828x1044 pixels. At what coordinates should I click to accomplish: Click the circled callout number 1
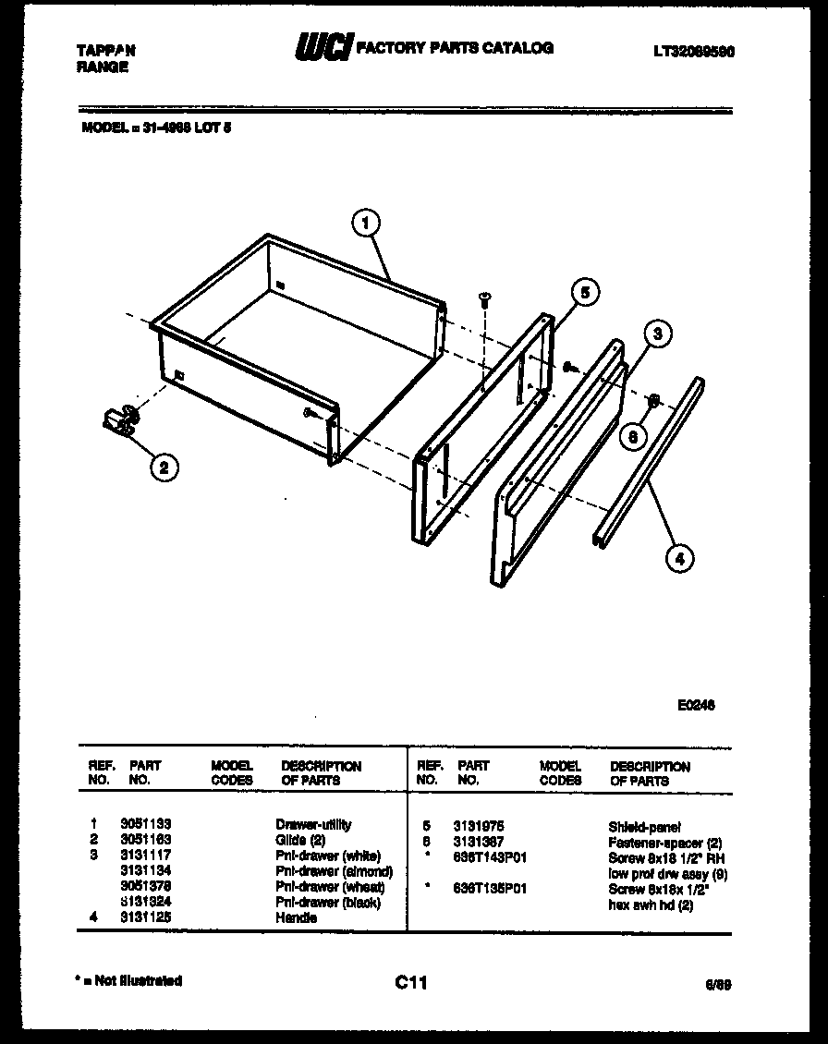(x=367, y=223)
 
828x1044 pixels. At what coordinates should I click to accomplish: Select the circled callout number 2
(x=163, y=467)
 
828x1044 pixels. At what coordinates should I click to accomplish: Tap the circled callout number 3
(x=657, y=334)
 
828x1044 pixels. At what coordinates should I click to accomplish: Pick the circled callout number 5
(x=584, y=293)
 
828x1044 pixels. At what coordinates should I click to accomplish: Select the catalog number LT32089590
(x=693, y=50)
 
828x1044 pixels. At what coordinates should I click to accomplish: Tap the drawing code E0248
(x=695, y=705)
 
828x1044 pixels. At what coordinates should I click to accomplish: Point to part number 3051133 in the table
(x=146, y=824)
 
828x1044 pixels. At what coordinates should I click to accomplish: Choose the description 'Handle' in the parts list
(x=296, y=918)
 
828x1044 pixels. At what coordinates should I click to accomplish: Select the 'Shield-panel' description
(x=644, y=827)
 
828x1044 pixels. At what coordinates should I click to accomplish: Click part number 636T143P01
(x=490, y=857)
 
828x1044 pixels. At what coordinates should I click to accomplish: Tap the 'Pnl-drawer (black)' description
(x=328, y=903)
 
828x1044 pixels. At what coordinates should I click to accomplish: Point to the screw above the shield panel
(x=483, y=299)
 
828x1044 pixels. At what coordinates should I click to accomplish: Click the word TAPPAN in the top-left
(x=103, y=52)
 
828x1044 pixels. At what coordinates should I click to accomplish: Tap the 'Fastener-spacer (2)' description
(x=664, y=843)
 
